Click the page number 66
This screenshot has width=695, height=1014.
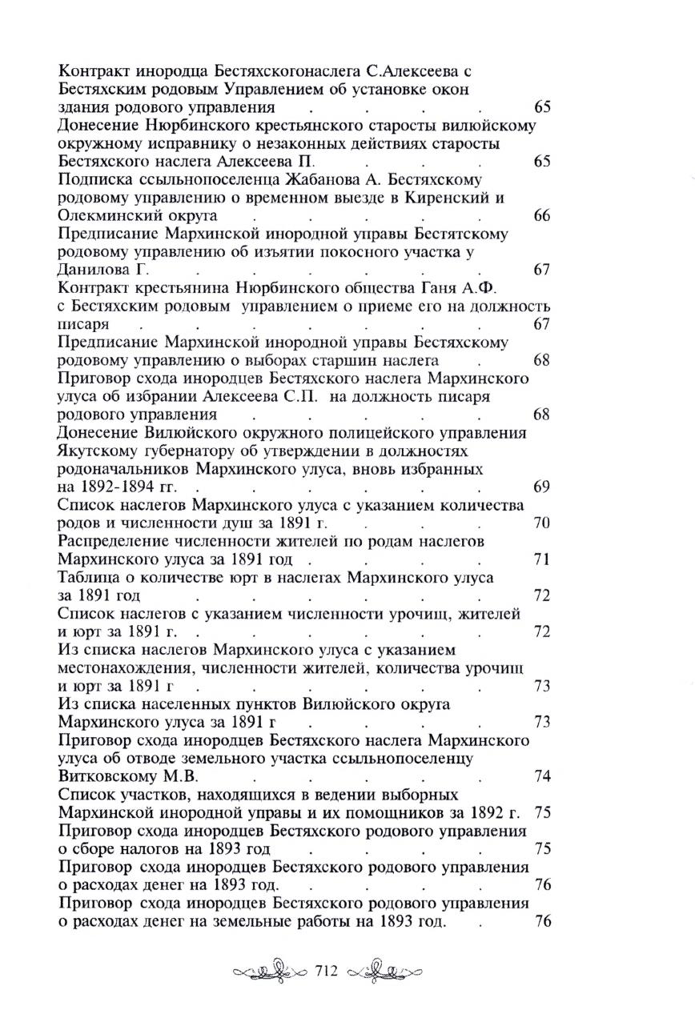[541, 216]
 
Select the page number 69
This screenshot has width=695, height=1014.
[541, 487]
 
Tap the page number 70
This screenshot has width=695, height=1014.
[541, 523]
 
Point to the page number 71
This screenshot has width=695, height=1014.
[541, 559]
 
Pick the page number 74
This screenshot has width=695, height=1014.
[541, 776]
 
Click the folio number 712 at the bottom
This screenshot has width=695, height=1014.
[329, 972]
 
